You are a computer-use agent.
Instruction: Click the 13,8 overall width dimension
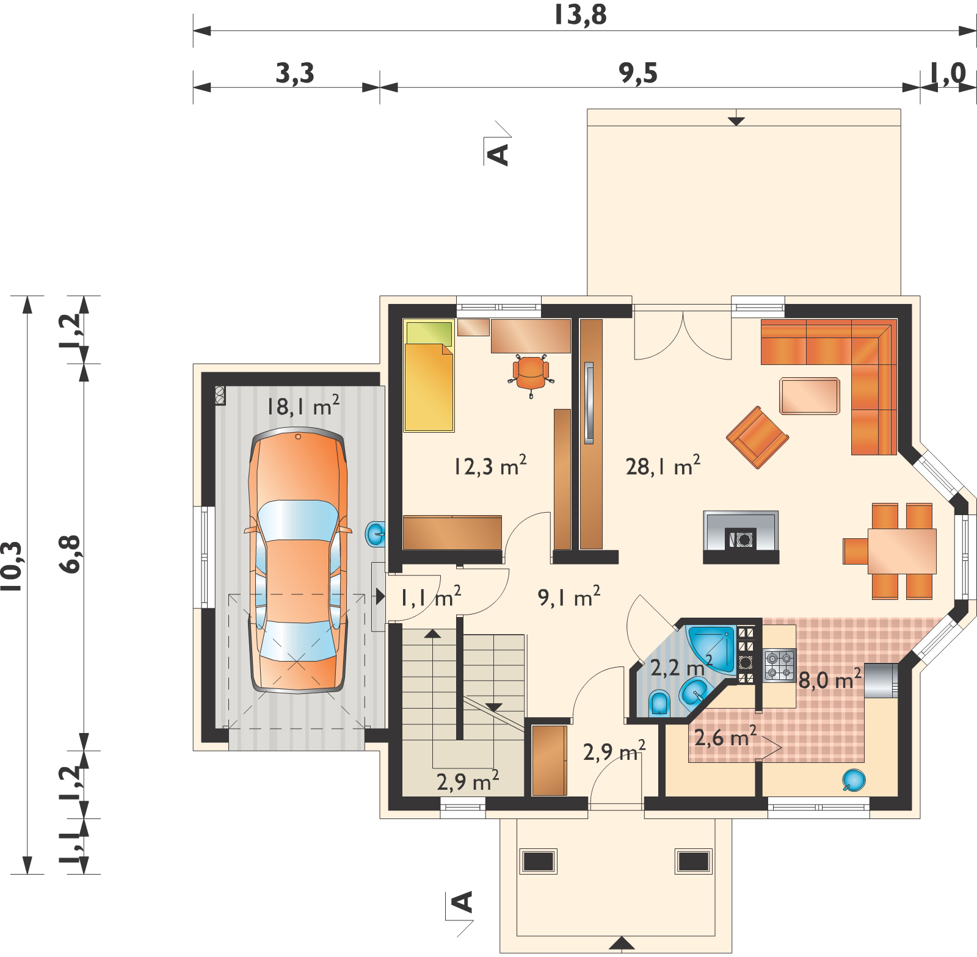pyautogui.click(x=580, y=15)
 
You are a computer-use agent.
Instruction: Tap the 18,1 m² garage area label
pyautogui.click(x=303, y=406)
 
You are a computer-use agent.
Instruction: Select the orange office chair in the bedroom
pyautogui.click(x=530, y=373)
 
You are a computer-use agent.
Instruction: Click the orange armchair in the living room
pyautogui.click(x=757, y=437)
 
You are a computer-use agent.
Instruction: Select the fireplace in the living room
pyautogui.click(x=741, y=536)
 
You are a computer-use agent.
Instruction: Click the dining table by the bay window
pyautogui.click(x=902, y=551)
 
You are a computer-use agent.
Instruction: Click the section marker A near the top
pyautogui.click(x=499, y=154)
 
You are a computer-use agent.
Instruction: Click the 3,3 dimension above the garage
pyautogui.click(x=295, y=74)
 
